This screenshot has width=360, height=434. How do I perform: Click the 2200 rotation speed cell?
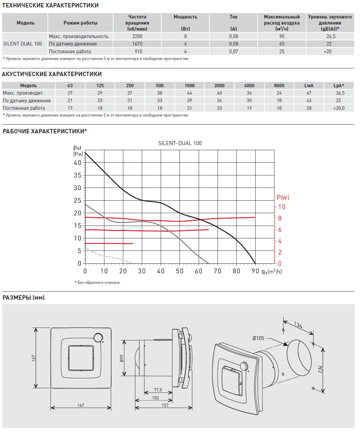[x=137, y=36]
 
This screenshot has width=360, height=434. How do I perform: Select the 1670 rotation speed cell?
[x=137, y=44]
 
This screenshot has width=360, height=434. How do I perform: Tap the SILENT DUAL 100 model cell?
[x=23, y=44]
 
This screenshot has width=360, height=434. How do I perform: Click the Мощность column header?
[x=185, y=17]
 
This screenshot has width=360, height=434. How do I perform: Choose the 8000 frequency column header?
[x=279, y=86]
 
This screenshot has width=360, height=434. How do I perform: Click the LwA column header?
[x=309, y=86]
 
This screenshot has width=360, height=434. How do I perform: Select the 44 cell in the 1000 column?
[x=190, y=93]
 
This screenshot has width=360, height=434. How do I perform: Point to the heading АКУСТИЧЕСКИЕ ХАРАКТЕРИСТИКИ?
[x=52, y=74]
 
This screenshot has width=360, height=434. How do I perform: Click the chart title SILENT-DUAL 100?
[x=180, y=143]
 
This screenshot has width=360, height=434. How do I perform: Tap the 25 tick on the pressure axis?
[x=78, y=200]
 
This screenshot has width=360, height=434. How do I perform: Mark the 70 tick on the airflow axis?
[x=218, y=271]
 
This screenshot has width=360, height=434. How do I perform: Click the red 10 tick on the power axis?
[x=282, y=207]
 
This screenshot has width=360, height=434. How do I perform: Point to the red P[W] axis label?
[x=283, y=197]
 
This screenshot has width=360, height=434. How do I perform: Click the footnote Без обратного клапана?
[x=98, y=282]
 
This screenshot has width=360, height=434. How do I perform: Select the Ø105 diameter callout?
[x=258, y=338]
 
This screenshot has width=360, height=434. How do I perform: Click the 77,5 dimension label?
[x=158, y=390]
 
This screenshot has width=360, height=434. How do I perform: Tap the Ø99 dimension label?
[x=122, y=358]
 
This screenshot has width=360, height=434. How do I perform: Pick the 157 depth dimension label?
[x=165, y=405]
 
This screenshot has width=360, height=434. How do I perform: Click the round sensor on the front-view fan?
[x=98, y=338]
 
